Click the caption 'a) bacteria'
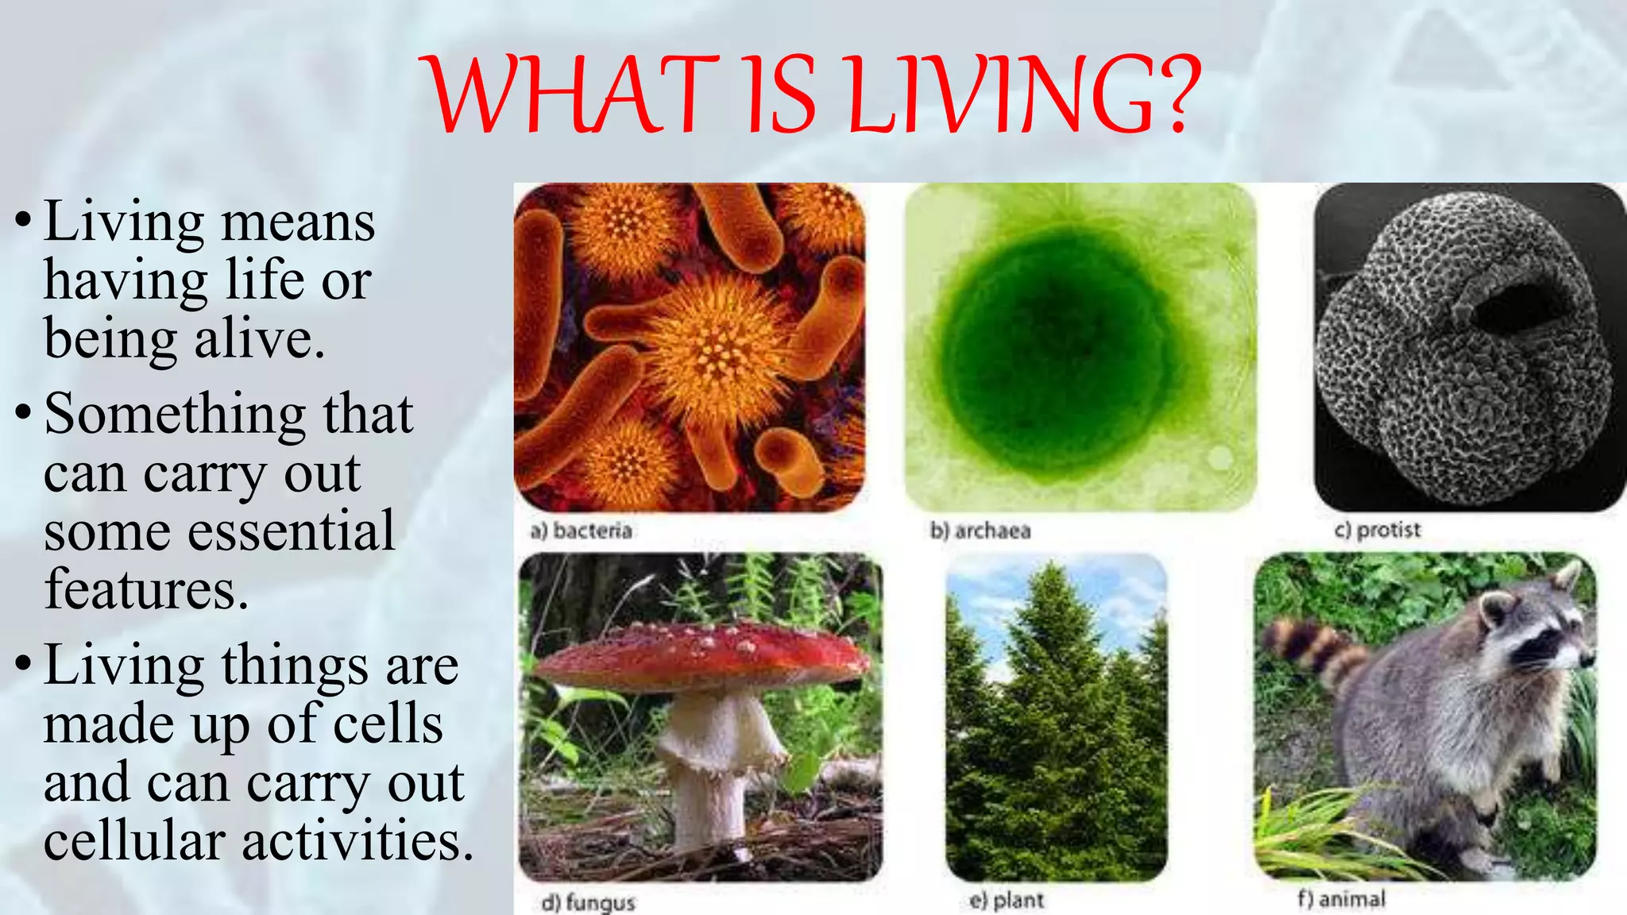[581, 531]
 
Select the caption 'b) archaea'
[980, 531]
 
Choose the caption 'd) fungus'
[588, 902]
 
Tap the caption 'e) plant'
[1007, 900]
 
